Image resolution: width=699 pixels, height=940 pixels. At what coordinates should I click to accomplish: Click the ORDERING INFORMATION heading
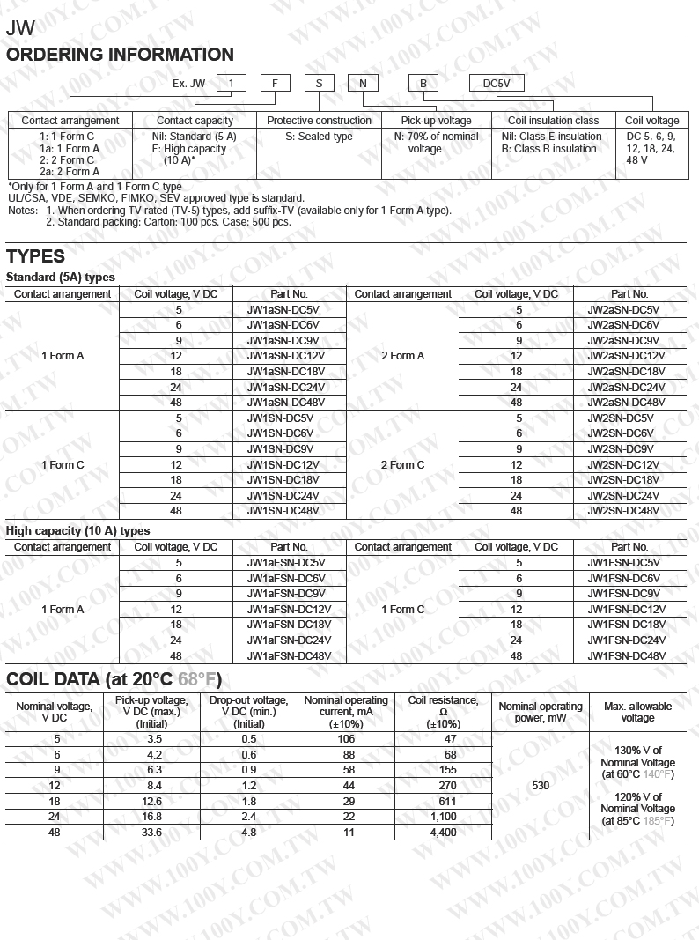click(120, 55)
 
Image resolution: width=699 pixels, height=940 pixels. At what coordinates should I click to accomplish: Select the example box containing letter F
click(275, 84)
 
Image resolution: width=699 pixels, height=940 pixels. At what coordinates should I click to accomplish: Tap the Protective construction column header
click(319, 121)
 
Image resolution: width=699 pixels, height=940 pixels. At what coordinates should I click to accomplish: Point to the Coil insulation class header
click(553, 121)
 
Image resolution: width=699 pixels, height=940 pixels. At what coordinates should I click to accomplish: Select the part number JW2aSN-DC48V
click(629, 402)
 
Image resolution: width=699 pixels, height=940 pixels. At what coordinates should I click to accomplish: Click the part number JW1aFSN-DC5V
click(289, 563)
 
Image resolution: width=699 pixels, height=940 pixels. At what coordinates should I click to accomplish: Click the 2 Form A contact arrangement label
click(402, 356)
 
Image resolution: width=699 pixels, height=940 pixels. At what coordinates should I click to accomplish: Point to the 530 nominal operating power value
click(541, 785)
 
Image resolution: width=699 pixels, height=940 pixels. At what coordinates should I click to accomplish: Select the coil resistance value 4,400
click(443, 832)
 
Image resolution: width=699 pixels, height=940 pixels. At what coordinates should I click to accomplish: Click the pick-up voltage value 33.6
click(152, 832)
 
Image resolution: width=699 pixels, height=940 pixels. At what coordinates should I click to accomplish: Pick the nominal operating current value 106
click(346, 739)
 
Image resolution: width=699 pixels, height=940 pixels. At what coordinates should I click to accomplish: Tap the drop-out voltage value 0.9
click(248, 770)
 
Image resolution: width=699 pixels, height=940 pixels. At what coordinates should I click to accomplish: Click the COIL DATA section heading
click(114, 679)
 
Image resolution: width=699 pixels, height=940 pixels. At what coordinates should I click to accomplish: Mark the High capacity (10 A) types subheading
click(78, 531)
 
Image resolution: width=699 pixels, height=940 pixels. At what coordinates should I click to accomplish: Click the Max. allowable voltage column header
click(637, 712)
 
